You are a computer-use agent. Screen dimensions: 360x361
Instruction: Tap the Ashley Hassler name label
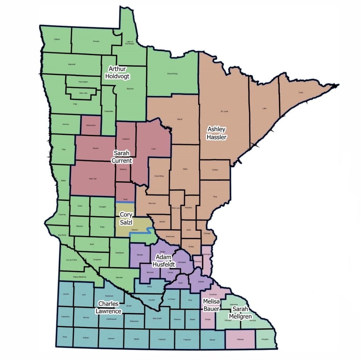(217, 133)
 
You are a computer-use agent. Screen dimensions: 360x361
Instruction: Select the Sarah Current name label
(122, 157)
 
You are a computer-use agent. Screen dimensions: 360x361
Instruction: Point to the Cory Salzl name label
(126, 218)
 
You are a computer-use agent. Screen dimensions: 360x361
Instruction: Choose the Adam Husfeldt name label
(165, 261)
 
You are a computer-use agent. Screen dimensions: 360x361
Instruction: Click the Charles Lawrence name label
(108, 307)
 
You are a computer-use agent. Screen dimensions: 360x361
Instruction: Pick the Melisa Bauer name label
(211, 305)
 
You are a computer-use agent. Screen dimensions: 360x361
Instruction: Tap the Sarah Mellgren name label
(240, 313)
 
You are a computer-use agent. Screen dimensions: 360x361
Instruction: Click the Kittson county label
(57, 39)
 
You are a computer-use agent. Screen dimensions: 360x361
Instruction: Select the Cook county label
(301, 93)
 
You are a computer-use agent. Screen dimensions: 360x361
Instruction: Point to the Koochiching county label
(172, 74)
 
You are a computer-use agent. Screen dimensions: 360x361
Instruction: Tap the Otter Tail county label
(93, 178)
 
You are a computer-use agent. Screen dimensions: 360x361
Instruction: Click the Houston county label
(265, 339)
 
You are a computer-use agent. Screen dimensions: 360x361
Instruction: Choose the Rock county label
(65, 337)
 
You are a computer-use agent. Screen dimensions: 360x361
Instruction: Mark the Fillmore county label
(240, 339)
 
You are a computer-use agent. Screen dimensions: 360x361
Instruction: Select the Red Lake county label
(83, 93)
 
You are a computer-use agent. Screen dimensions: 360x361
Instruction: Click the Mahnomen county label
(91, 125)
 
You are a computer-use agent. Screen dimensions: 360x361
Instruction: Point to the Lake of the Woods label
(130, 43)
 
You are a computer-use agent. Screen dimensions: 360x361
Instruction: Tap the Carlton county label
(215, 170)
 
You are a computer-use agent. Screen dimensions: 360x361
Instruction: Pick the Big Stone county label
(62, 235)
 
